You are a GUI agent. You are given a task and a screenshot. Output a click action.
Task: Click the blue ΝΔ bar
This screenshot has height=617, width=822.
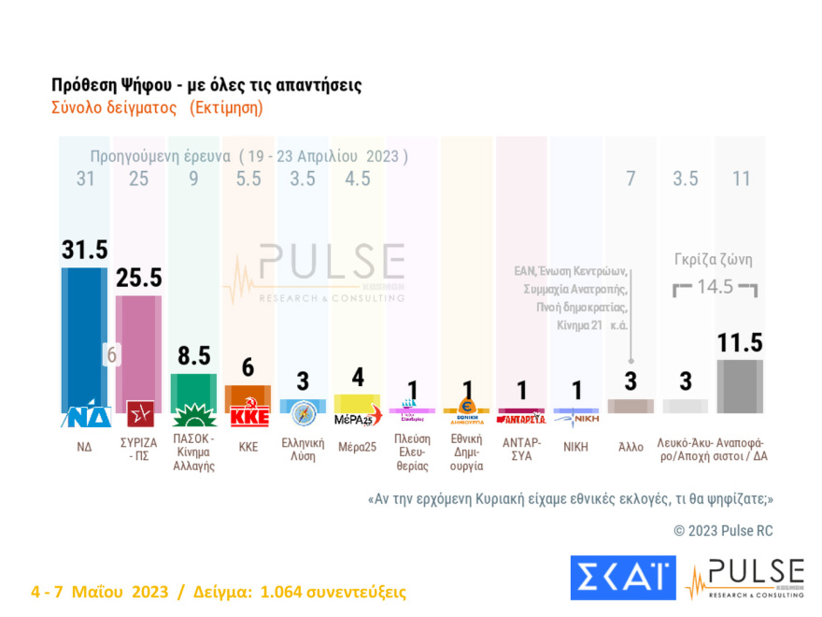[84, 337]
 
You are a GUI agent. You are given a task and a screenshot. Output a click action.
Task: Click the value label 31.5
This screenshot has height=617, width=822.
[84, 250]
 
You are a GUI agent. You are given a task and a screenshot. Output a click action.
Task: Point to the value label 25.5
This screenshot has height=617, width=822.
[138, 279]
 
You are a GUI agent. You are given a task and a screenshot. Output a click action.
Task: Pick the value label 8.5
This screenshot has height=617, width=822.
[193, 356]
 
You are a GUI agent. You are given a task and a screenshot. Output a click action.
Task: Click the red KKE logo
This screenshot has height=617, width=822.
[248, 416]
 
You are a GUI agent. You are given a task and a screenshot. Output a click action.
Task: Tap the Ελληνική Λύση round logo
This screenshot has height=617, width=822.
[304, 413]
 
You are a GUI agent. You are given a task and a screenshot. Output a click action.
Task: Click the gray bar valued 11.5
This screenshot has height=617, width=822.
[741, 386]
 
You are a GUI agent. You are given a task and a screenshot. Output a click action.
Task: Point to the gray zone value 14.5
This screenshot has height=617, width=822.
[715, 287]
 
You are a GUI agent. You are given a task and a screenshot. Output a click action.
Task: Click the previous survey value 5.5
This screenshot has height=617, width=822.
[248, 179]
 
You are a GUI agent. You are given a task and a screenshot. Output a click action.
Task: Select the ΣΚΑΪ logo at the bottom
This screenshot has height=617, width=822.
[622, 577]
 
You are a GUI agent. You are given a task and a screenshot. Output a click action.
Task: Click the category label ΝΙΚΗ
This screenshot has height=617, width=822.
[576, 447]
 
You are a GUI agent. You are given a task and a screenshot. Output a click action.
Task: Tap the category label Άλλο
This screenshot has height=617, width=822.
[631, 447]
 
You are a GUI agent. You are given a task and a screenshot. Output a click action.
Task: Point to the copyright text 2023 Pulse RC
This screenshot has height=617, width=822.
[723, 531]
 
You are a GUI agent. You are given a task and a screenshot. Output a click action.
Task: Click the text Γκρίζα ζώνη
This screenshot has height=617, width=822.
[714, 261]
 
